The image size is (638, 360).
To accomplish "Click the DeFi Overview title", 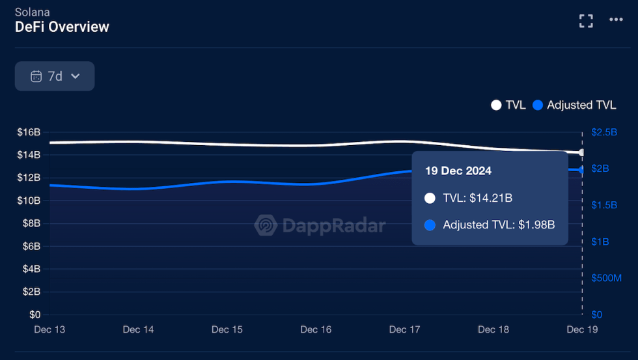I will click(62, 27).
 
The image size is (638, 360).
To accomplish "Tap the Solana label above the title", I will click(32, 12).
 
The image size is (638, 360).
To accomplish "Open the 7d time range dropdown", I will click(55, 76).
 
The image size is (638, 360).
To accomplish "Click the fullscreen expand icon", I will click(586, 20).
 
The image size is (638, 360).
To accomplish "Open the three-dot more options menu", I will click(616, 20).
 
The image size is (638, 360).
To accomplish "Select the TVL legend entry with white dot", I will click(508, 105).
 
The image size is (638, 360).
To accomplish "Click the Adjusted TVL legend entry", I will click(574, 105).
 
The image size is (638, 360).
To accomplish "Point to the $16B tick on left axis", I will click(29, 132).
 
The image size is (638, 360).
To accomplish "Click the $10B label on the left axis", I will click(29, 201).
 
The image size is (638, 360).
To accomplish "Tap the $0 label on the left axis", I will click(34, 314).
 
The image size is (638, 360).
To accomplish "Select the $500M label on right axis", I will click(606, 278).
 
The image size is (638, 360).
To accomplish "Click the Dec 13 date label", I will click(49, 329).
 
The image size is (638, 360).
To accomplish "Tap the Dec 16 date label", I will click(316, 329).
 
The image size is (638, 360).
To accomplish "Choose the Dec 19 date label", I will click(582, 329).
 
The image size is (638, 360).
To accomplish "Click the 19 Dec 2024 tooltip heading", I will click(458, 171).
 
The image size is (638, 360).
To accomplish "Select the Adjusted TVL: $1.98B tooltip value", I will click(499, 225).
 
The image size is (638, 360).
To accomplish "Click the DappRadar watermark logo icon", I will click(266, 225).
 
